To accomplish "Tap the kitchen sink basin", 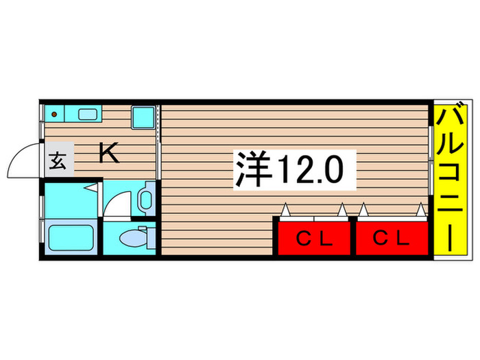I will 88,114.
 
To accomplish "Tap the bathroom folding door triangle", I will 90,187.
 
